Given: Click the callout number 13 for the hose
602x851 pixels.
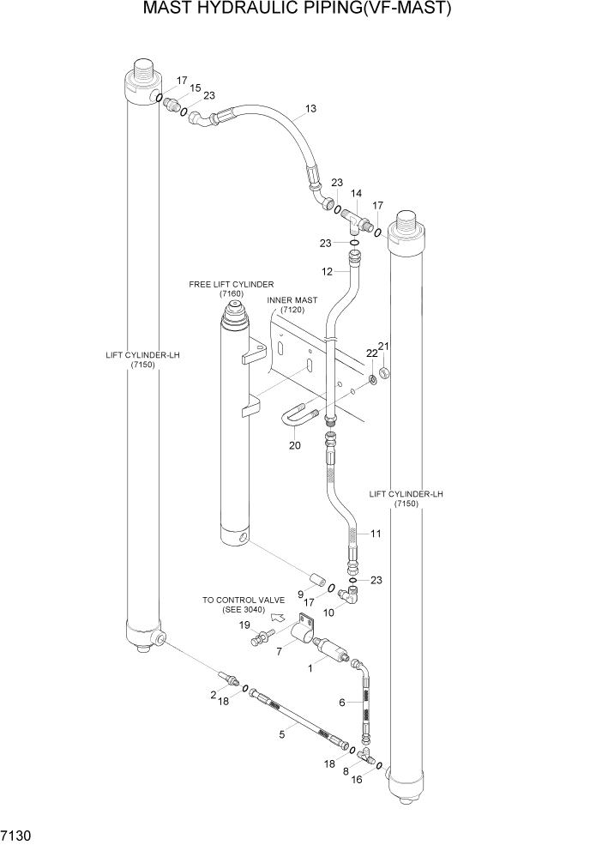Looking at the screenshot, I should click(x=310, y=109).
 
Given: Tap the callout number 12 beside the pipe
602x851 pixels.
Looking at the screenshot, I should click(x=326, y=271).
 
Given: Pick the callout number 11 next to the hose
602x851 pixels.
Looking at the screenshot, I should click(x=375, y=534).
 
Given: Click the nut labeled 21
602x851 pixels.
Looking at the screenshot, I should click(x=385, y=371).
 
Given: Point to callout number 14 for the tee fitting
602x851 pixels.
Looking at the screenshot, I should click(x=356, y=194).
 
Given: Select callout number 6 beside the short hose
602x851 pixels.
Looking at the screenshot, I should click(x=342, y=702).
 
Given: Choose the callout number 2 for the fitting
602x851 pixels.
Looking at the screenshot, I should click(x=214, y=694).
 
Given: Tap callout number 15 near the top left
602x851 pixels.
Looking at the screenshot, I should click(x=196, y=88).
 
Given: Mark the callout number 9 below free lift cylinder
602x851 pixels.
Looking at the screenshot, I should click(x=300, y=593).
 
